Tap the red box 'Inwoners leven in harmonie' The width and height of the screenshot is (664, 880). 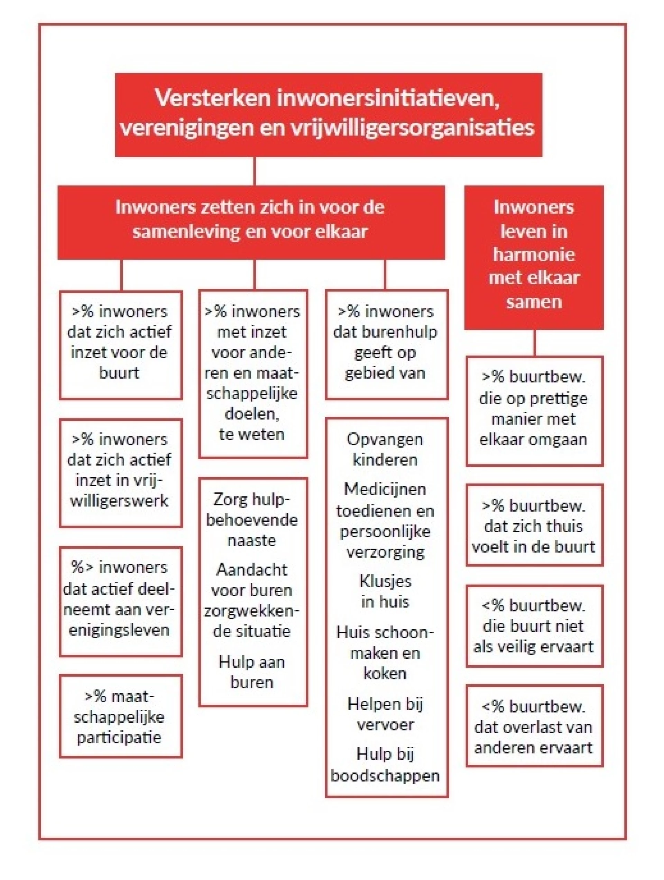(x=534, y=257)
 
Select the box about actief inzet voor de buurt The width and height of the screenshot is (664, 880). (x=121, y=345)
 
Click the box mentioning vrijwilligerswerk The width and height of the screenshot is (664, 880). (x=121, y=473)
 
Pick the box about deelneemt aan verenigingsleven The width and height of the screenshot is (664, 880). (x=121, y=601)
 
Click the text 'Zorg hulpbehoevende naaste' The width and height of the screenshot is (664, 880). (x=252, y=520)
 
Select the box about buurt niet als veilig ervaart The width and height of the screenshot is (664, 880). (x=534, y=626)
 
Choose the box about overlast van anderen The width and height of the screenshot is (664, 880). (x=534, y=726)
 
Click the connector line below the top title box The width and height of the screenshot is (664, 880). (x=255, y=171)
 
